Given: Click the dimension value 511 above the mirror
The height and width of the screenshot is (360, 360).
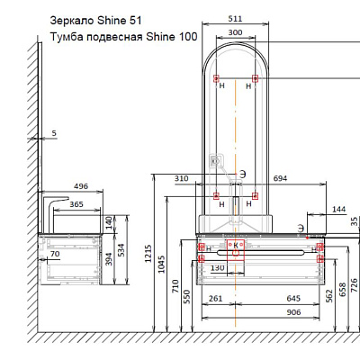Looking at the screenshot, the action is pyautogui.click(x=235, y=19).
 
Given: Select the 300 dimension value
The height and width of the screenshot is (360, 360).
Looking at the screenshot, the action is pyautogui.click(x=235, y=32).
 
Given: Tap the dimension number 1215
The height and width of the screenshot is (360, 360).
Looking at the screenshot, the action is pyautogui.click(x=148, y=254).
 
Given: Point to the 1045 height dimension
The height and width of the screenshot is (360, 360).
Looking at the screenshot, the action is pyautogui.click(x=161, y=264).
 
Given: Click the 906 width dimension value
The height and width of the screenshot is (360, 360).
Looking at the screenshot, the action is pyautogui.click(x=293, y=312).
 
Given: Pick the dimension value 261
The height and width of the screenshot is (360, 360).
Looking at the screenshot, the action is pyautogui.click(x=216, y=299).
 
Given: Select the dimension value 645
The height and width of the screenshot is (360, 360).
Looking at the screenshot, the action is pyautogui.click(x=293, y=299).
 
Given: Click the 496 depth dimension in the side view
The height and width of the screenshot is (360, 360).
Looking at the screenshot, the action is pyautogui.click(x=81, y=186).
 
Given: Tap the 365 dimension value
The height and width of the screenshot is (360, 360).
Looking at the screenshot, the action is pyautogui.click(x=76, y=204).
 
